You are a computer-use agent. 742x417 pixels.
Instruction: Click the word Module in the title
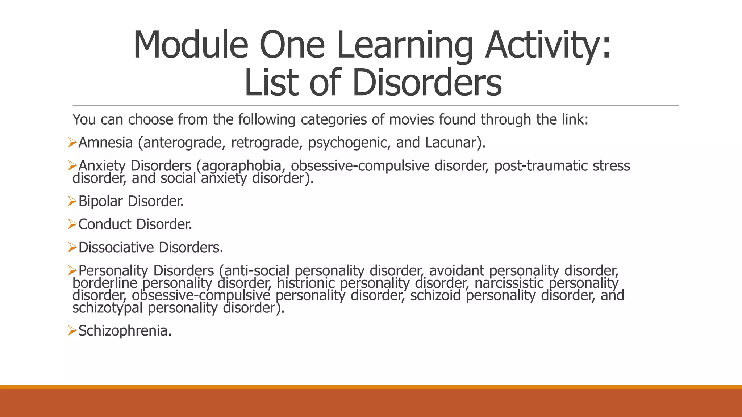tap(191, 45)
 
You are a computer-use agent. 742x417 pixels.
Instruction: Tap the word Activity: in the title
tap(548, 45)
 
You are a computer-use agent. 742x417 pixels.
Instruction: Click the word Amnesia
tap(105, 143)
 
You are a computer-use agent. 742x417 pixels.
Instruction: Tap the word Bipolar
tap(100, 201)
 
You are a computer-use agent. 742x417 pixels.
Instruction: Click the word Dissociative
tap(116, 248)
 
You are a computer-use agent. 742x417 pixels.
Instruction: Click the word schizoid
tap(435, 295)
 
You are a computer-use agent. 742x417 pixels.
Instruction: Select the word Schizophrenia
tap(123, 331)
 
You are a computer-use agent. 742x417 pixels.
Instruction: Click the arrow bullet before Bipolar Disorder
tap(72, 201)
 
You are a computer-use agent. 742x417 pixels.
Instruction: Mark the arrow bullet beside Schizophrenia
tap(72, 330)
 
